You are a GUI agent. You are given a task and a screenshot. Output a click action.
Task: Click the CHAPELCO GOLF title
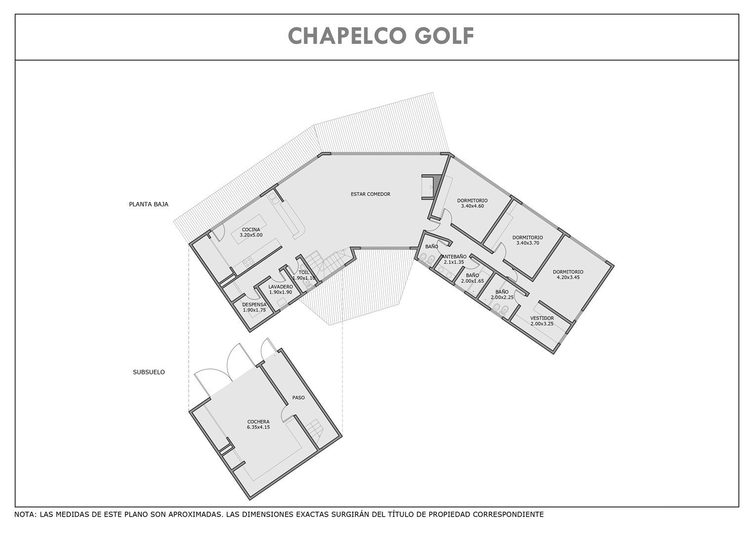381,36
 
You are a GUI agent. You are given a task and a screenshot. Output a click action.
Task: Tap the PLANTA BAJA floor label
149,204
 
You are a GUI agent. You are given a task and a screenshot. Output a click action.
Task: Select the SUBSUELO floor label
149,372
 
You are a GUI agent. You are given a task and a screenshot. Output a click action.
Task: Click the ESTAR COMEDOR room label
371,194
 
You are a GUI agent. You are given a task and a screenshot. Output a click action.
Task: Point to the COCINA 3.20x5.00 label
251,233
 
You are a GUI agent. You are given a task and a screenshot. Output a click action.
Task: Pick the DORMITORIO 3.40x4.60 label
472,203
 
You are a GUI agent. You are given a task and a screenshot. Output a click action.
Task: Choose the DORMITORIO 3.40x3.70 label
528,240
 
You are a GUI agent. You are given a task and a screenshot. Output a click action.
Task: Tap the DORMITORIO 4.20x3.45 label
568,275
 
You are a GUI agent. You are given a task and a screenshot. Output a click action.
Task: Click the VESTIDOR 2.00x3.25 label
542,321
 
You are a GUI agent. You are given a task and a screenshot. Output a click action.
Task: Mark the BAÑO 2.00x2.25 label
502,295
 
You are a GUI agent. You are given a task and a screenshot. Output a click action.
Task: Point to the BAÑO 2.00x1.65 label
472,278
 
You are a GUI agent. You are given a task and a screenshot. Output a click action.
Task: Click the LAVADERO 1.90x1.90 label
281,289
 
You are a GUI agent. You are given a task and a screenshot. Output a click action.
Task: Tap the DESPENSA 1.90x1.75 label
254,307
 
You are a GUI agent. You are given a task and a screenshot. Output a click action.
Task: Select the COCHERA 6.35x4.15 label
258,424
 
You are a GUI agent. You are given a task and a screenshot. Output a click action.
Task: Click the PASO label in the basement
298,398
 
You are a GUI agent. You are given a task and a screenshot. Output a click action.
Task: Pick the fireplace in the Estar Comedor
430,187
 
